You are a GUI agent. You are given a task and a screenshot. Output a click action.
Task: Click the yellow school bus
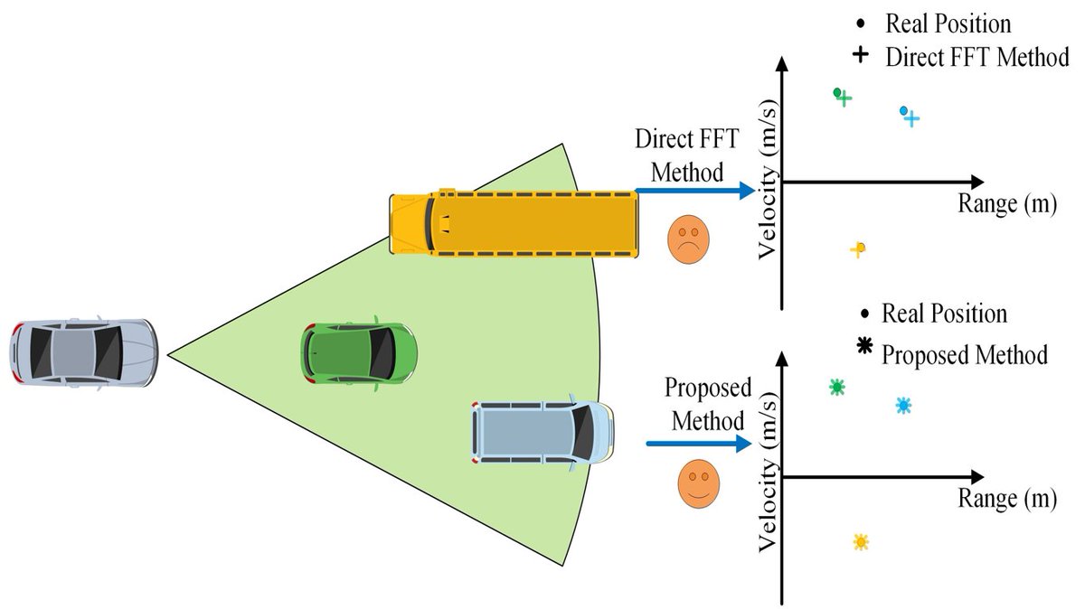coord(514,222)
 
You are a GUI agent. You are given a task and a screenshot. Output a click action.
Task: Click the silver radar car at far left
coord(84,351)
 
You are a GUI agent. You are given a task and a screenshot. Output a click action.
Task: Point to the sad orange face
coord(688,239)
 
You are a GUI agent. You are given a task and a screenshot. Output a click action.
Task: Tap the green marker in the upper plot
coord(842,96)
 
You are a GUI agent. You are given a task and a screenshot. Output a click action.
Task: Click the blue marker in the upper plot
coord(909,116)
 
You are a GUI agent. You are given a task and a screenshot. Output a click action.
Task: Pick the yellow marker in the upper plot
coord(859,249)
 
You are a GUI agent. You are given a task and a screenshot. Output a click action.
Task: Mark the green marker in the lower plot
coord(837,388)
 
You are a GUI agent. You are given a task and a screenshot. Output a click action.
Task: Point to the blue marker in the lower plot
coord(902,406)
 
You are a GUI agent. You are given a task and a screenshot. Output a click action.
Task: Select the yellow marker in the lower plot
coord(861,542)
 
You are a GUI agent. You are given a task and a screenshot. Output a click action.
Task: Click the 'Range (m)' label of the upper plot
coord(1007,205)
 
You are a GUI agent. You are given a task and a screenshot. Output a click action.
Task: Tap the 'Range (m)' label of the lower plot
coord(1007,500)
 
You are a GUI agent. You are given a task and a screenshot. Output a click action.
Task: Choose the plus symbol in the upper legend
coord(861,55)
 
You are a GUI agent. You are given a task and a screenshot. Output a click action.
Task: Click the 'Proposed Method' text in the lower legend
coord(965,354)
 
